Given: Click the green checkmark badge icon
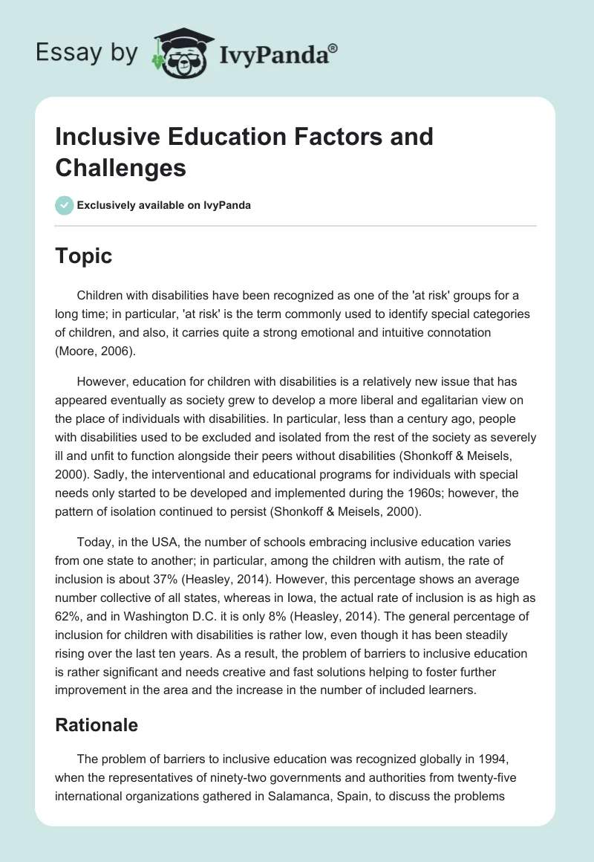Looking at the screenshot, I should coord(65,206).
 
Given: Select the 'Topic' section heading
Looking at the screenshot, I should coord(84,256).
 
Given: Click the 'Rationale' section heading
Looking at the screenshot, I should coord(97,725).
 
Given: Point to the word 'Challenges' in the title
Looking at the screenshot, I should coord(121,169).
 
